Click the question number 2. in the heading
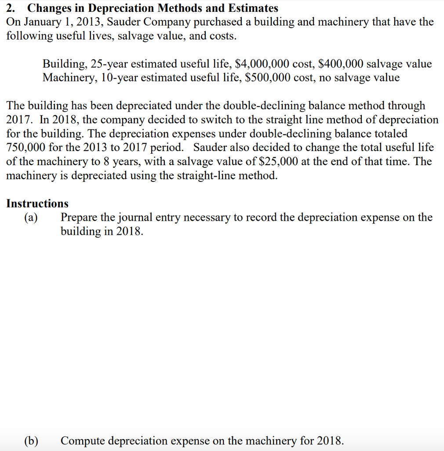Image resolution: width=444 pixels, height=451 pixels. tap(11, 8)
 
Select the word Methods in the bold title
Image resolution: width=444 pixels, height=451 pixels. tap(182, 8)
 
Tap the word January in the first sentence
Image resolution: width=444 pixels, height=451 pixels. tap(44, 22)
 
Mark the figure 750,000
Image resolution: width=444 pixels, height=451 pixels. tap(25, 148)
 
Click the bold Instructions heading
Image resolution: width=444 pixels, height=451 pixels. tap(37, 203)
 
